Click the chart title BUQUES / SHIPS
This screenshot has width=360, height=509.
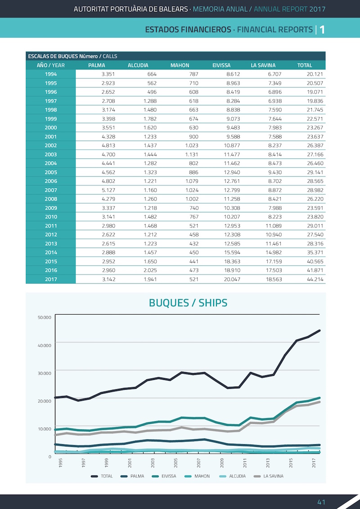point(188,303)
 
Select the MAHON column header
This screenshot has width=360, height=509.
point(180,65)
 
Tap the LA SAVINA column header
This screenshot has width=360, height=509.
point(263,65)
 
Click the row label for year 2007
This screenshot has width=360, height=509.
point(51,190)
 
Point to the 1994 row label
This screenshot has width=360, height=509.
point(51,74)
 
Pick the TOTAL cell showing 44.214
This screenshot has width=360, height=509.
point(315,279)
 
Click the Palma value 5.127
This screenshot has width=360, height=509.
point(108,190)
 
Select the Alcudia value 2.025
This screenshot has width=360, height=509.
point(150,270)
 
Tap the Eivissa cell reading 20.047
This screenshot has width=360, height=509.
point(232,279)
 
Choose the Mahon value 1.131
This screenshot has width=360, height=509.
point(192,154)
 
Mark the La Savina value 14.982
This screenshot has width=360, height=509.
point(274,252)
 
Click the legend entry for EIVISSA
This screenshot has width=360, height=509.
point(164,476)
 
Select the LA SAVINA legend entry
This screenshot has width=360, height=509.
point(269,476)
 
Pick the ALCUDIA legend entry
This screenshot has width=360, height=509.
point(233,476)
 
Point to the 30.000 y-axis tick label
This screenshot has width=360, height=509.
point(45,373)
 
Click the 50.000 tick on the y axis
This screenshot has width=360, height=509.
point(45,317)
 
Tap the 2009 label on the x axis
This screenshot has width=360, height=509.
point(222,463)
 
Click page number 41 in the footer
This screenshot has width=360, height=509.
point(321,502)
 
